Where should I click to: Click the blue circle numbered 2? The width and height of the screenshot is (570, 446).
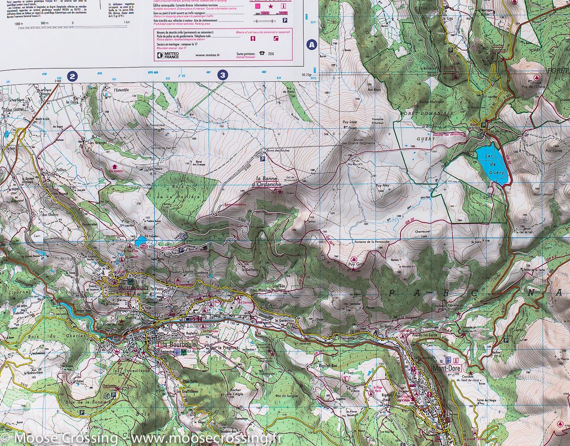click(x=72, y=75)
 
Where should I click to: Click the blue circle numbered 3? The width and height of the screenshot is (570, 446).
click(x=222, y=75)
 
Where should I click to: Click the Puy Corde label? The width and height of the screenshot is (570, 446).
click(x=554, y=151)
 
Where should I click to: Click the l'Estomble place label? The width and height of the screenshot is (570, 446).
click(x=121, y=89)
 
